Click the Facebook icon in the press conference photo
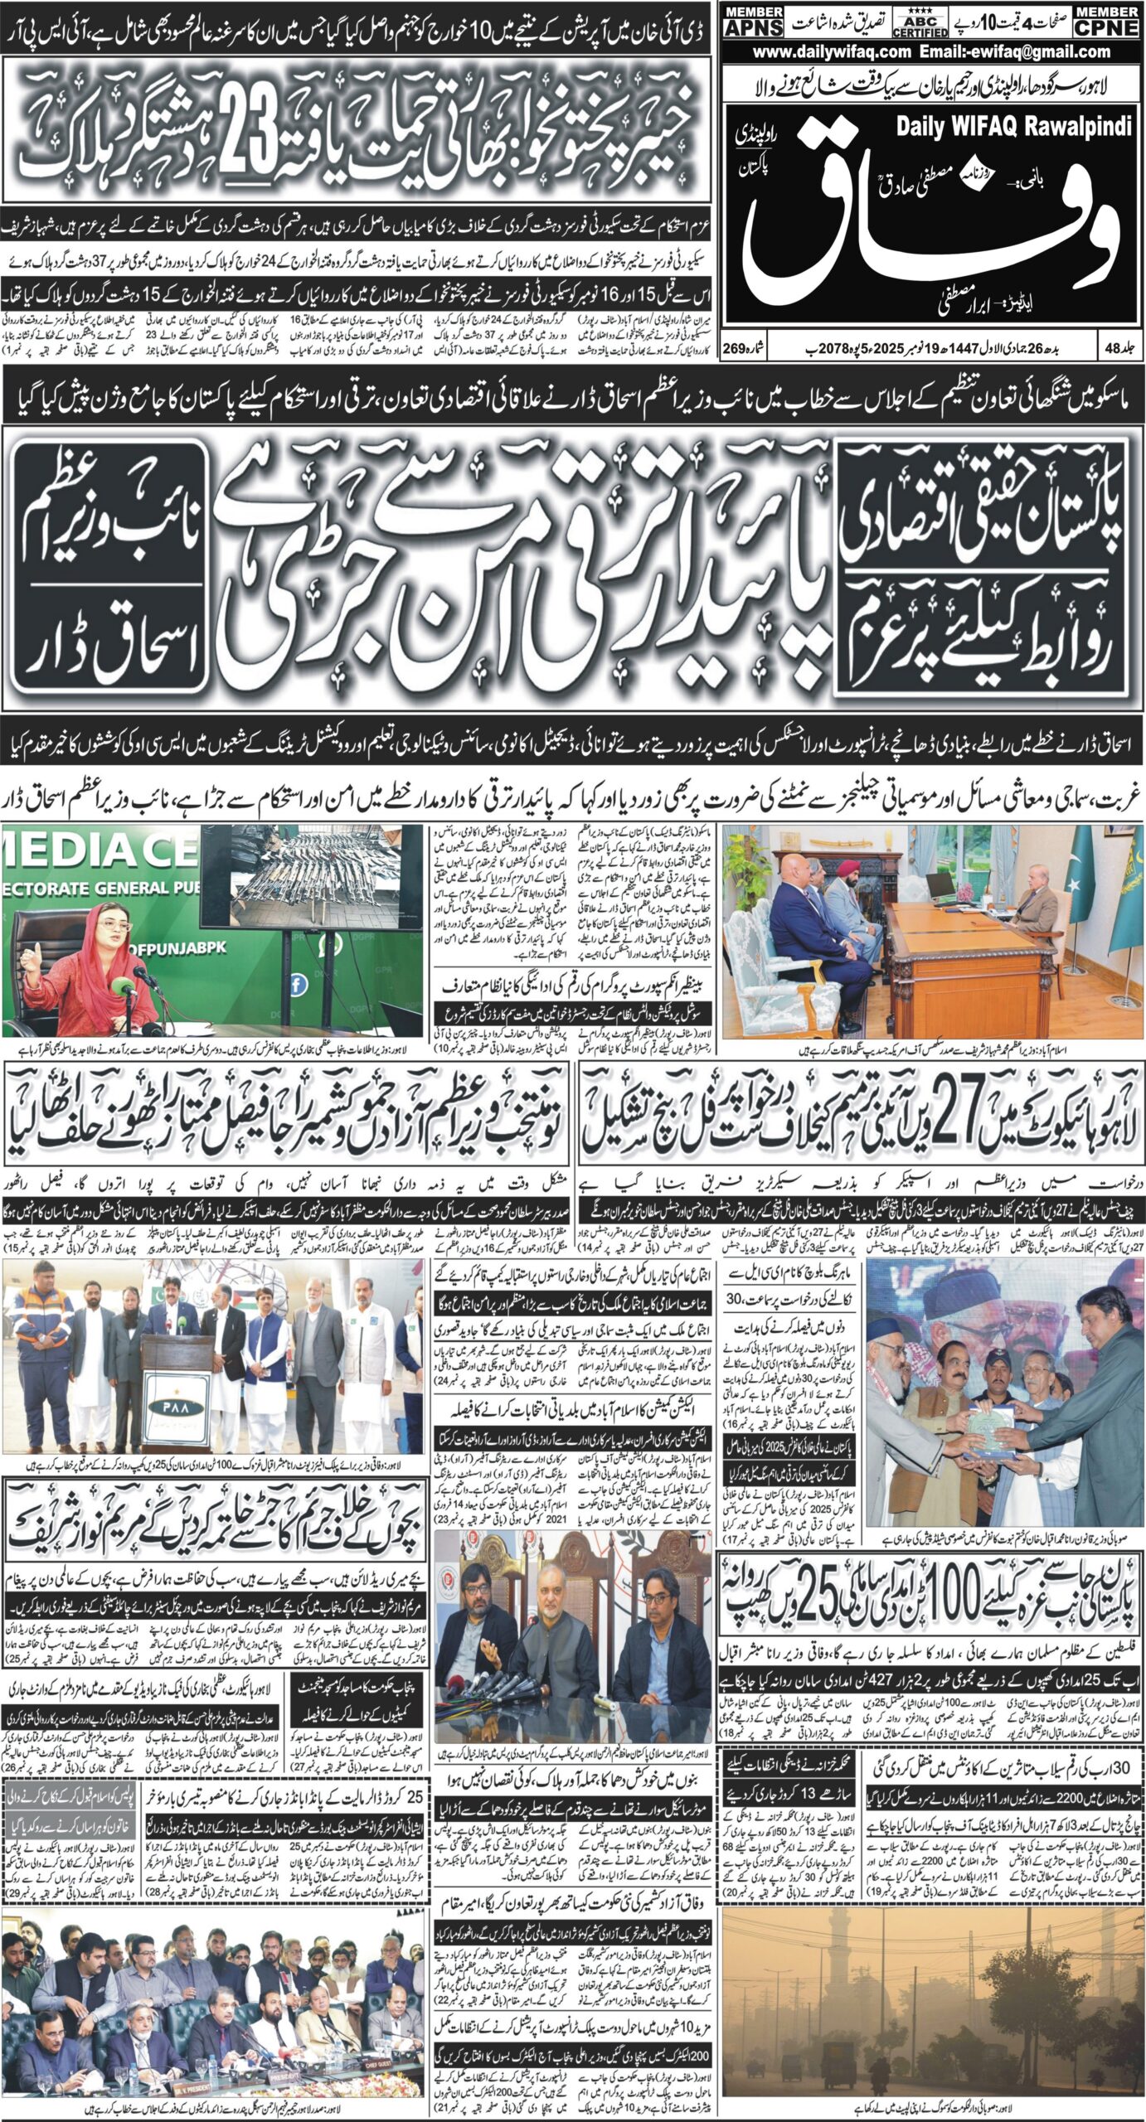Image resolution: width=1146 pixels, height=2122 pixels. [297, 984]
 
